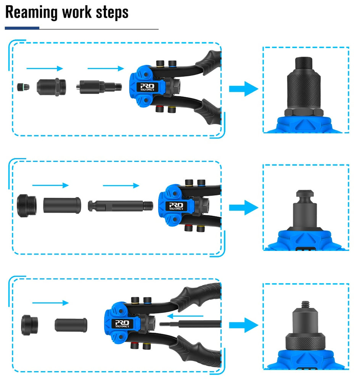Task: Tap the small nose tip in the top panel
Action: coord(23,87)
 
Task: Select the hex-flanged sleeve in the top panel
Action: coord(52,87)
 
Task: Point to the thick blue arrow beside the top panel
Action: coord(243,89)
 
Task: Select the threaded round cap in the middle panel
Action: coord(27,205)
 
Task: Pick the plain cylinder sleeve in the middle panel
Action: coord(62,205)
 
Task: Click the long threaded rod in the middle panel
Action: coord(121,205)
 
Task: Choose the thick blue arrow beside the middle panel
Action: coord(243,207)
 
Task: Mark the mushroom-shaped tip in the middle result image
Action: coord(304,195)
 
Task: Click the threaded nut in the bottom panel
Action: coord(29,325)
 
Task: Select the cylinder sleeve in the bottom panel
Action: coord(71,325)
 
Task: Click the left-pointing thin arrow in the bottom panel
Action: coord(185,316)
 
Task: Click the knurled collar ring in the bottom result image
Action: coord(305,341)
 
